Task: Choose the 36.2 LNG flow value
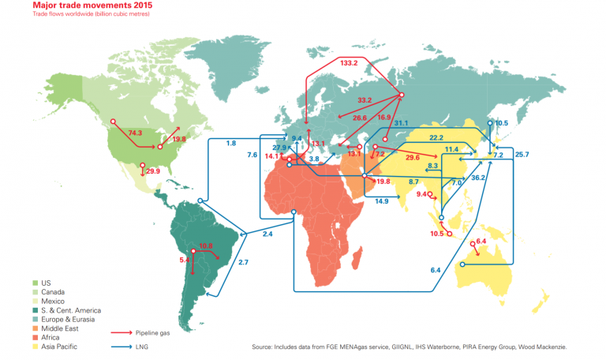click(478, 178)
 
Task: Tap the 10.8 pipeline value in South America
click(206, 246)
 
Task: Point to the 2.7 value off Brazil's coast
click(243, 261)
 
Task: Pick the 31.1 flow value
click(401, 123)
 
